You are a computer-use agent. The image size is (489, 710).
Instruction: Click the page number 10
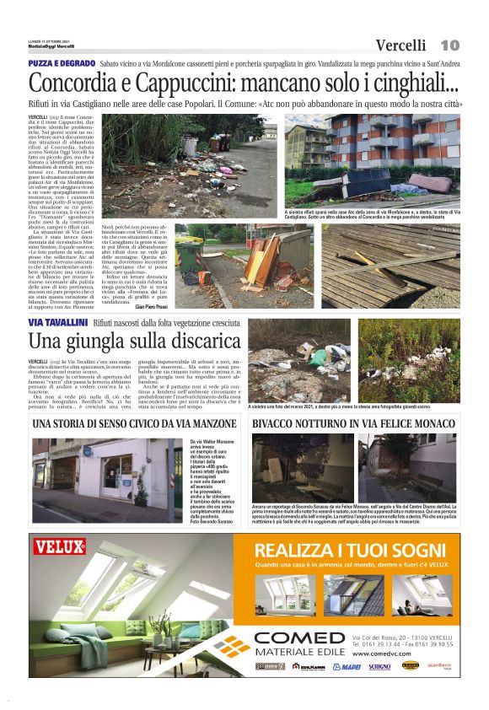click(x=450, y=45)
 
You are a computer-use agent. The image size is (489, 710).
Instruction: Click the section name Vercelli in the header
click(x=404, y=45)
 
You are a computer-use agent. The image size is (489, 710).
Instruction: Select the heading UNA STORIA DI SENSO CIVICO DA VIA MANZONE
click(x=136, y=423)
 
